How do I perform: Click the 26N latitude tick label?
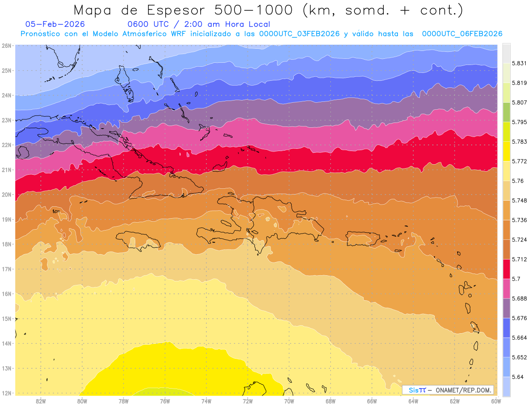tap(7, 46)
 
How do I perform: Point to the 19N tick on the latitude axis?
tap(7, 220)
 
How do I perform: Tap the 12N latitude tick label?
tap(7, 393)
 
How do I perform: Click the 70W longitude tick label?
tap(289, 401)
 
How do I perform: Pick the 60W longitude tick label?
tap(496, 401)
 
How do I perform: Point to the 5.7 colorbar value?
tap(516, 279)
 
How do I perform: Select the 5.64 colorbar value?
tap(517, 377)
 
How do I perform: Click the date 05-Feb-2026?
tap(55, 24)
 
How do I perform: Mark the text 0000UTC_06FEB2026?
tap(462, 34)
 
